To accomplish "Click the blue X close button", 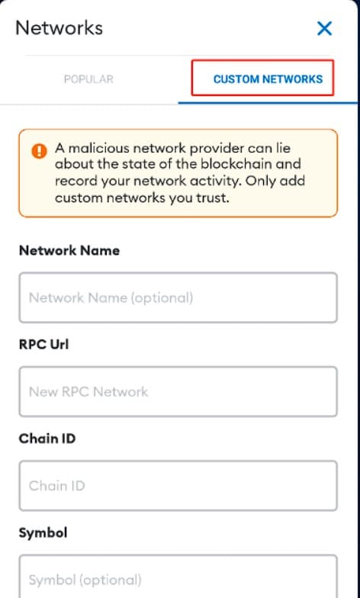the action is pos(325,29).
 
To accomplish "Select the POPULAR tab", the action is pos(88,79).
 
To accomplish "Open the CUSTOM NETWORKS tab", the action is pos(268,79).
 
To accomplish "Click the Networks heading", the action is pos(59,28).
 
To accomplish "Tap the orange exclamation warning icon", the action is pos(40,151).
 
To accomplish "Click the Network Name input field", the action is pos(178,297).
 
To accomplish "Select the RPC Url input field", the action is pos(178,391).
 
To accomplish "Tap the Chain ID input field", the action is pos(178,485).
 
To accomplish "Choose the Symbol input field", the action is pos(178,577).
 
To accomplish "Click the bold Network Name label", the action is pos(69,250).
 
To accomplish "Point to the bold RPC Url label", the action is pos(44,345).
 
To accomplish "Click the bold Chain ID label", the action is pos(47,439).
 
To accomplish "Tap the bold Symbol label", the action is pos(43,532).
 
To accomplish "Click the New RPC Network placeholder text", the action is pos(88,392).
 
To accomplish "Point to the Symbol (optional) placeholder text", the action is pos(85,580).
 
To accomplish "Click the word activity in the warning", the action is pos(211,182).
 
